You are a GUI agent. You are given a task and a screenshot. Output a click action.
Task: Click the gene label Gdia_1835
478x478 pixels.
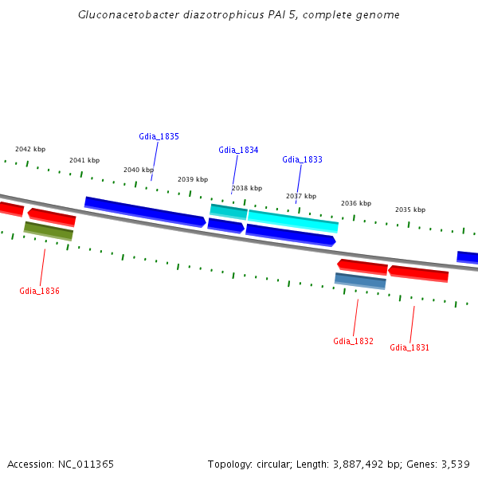tap(159, 136)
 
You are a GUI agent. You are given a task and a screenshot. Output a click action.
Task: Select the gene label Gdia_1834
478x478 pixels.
tap(238, 150)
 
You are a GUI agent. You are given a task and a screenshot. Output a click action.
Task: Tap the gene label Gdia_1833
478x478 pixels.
tap(302, 159)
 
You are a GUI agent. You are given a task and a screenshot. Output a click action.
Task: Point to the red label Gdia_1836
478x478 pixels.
tap(39, 291)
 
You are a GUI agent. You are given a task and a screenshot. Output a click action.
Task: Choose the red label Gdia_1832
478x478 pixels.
tap(353, 341)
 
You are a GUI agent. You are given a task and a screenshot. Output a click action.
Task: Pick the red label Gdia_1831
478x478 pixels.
tap(409, 347)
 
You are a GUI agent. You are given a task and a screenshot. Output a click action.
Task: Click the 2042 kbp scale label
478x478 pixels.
tap(30, 149)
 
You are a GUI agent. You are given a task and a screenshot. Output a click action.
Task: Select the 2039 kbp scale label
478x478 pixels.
tap(193, 179)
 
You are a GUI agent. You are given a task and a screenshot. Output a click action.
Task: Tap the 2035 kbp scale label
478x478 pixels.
tap(410, 210)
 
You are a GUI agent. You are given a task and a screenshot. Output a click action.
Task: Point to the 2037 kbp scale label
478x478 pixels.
tap(301, 196)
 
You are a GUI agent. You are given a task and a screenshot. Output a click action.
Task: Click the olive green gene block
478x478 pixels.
tap(49, 230)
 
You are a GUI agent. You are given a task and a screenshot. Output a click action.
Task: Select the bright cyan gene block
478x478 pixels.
tap(293, 220)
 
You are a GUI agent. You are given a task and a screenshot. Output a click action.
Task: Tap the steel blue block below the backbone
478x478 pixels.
tap(360, 280)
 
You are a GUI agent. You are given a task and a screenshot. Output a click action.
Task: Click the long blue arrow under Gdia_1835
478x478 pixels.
tap(145, 212)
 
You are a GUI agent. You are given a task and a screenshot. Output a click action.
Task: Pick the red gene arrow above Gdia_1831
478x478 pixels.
tap(418, 273)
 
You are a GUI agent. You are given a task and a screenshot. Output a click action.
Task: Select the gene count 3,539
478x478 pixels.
tap(454, 464)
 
